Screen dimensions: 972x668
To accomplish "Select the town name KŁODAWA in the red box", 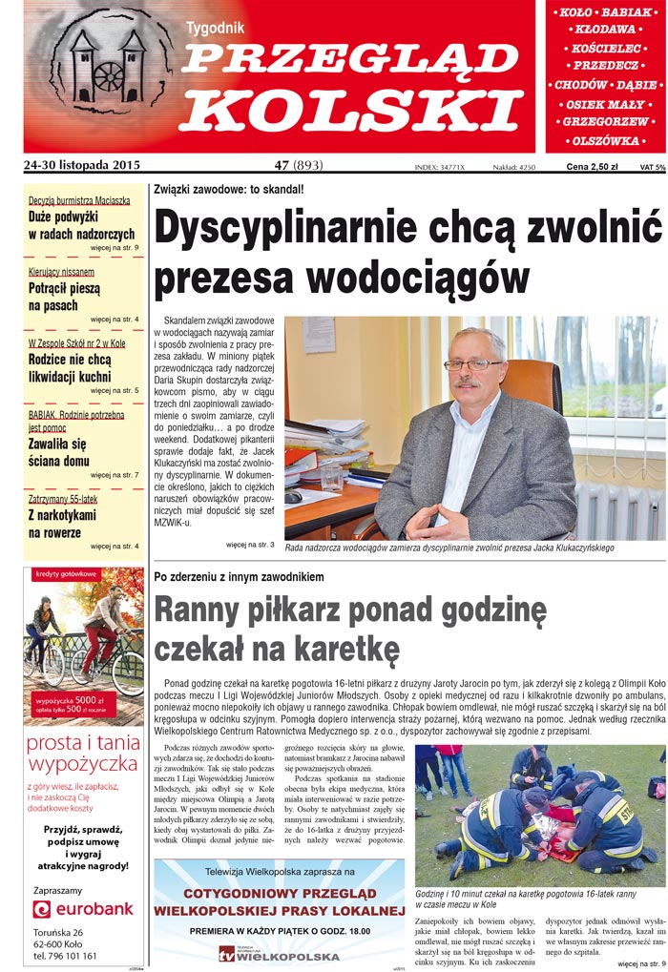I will (x=605, y=30).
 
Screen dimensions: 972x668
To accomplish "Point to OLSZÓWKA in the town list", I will (x=605, y=140).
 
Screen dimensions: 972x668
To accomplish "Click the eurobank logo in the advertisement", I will (x=83, y=908).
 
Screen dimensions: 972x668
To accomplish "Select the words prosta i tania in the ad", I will (x=84, y=743).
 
